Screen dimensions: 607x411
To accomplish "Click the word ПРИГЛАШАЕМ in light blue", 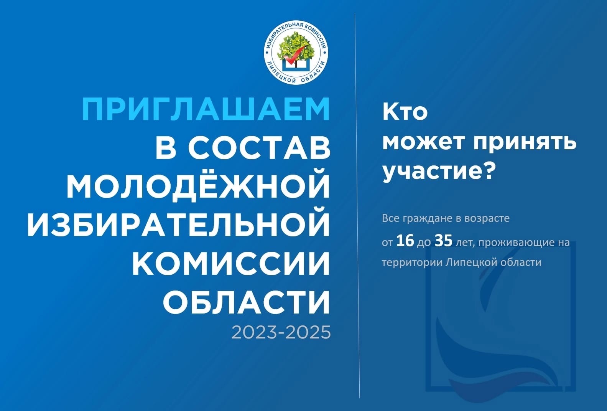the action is click(x=206, y=109).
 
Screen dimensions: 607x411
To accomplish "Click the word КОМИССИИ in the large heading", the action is click(x=231, y=263).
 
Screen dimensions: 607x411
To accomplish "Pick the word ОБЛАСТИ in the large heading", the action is click(x=246, y=302).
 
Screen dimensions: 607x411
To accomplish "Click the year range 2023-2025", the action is click(x=281, y=332).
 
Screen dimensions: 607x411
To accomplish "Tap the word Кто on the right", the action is click(x=405, y=112).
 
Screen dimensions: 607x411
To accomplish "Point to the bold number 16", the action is click(x=405, y=241).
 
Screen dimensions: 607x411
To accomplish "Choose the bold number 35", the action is click(x=444, y=241).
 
